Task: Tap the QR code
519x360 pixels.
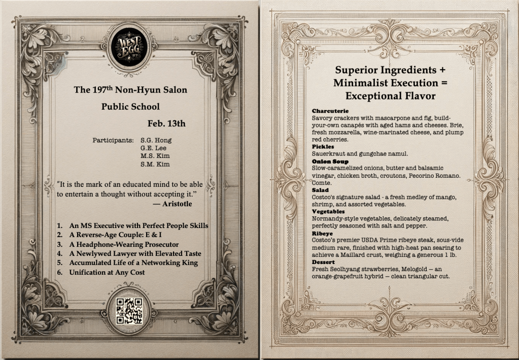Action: [129, 311]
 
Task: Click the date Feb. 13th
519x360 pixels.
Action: [166, 123]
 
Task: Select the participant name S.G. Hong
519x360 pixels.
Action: [156, 140]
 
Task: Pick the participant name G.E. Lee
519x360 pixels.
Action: [153, 148]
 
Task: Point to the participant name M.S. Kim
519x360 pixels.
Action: [155, 156]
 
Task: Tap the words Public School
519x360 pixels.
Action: [130, 107]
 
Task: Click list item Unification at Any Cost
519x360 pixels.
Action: [107, 272]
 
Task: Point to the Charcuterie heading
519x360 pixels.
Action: [330, 111]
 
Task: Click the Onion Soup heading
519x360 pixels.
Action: [330, 161]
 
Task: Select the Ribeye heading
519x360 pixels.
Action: [323, 233]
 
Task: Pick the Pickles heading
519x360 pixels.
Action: [324, 146]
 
